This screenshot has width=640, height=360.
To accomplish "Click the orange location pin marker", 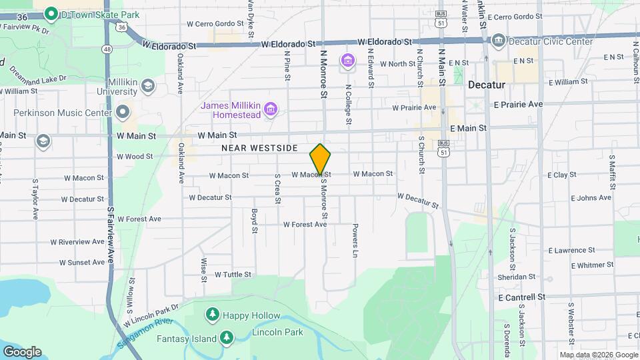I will tap(321, 159).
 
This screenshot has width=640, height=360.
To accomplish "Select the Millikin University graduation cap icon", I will tap(147, 85).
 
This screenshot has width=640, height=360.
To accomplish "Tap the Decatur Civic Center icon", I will tap(498, 41).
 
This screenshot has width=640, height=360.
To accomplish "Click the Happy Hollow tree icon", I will tap(213, 313).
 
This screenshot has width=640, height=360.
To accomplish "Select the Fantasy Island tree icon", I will tap(227, 338).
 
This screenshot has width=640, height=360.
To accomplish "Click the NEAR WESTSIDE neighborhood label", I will tap(259, 148).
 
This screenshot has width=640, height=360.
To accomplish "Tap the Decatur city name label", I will tap(487, 85).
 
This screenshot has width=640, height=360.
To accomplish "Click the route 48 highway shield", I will tap(107, 49).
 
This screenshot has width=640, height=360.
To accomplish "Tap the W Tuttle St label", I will tap(233, 274).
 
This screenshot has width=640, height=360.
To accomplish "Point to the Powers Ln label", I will tap(355, 240).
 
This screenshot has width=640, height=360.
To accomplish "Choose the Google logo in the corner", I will tap(22, 351).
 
